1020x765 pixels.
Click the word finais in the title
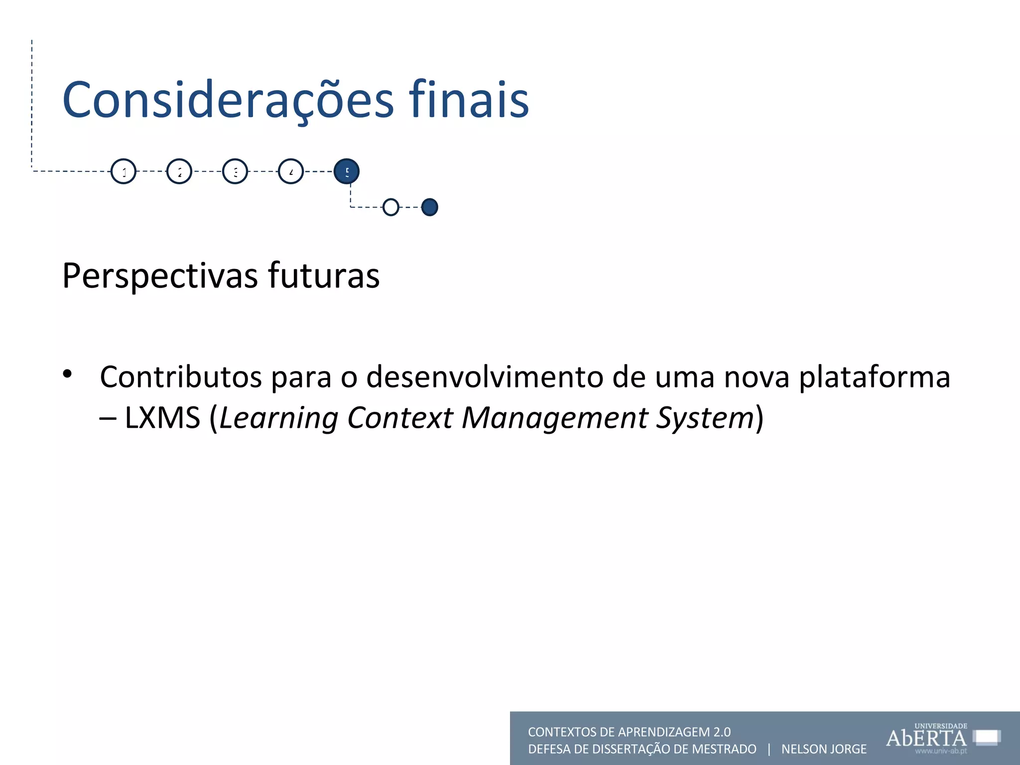tap(469, 101)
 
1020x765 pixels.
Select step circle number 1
tap(124, 171)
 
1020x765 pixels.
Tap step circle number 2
tap(179, 171)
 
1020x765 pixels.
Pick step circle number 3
tap(235, 171)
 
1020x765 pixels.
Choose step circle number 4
tap(291, 171)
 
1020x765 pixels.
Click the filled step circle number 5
tap(347, 171)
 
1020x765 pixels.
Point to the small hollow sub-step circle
tap(391, 207)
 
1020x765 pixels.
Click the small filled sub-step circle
tap(429, 207)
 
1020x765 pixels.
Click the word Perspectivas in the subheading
tap(160, 276)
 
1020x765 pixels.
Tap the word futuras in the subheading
tap(324, 276)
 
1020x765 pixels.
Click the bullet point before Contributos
tap(68, 374)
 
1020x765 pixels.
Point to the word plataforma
tap(875, 377)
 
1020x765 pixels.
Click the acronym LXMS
tap(162, 417)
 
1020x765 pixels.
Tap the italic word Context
tap(400, 417)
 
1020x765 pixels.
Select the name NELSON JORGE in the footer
tap(824, 749)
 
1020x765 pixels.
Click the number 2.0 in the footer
tap(722, 732)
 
